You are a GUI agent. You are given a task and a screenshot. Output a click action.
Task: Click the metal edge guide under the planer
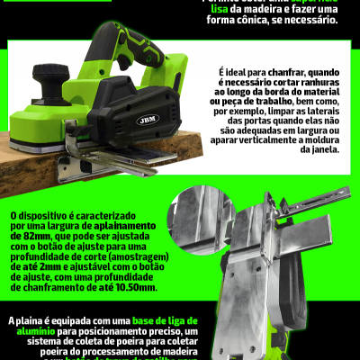click(108, 166)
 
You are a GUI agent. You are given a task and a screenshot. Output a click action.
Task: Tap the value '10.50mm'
click(134, 291)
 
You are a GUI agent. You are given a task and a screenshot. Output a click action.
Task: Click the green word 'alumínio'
click(32, 333)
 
